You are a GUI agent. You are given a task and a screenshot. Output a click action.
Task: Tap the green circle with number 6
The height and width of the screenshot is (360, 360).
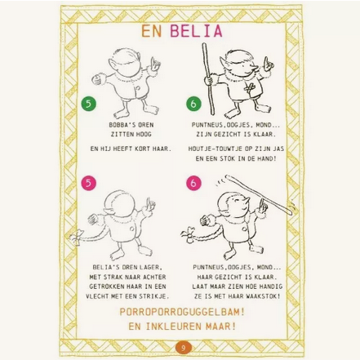[192, 103]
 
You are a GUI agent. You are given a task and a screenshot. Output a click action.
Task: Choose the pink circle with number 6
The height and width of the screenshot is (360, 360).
[193, 184]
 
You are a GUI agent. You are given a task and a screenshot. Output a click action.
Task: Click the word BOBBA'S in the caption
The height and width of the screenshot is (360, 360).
[120, 125]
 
